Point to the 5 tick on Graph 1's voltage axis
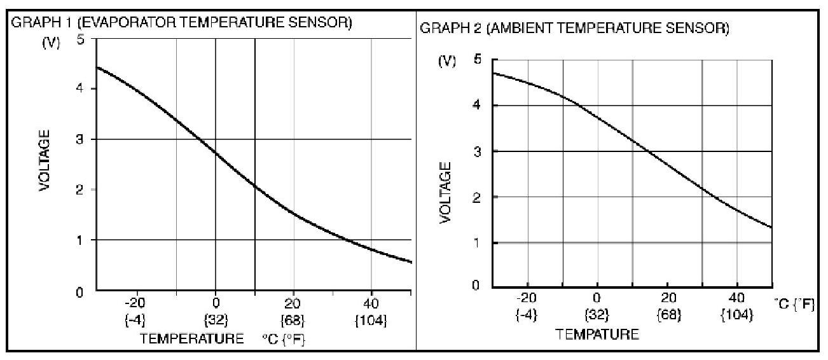pyautogui.click(x=80, y=38)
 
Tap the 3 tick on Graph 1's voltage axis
pyautogui.click(x=80, y=139)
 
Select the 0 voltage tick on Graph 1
pyautogui.click(x=80, y=293)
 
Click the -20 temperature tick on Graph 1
pyautogui.click(x=135, y=302)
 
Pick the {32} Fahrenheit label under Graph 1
pyautogui.click(x=215, y=320)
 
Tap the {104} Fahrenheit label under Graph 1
pyautogui.click(x=371, y=320)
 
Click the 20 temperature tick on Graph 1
pyautogui.click(x=293, y=302)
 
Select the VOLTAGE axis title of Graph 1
pyautogui.click(x=45, y=161)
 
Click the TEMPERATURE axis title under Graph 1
pyautogui.click(x=191, y=338)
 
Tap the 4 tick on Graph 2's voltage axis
pyautogui.click(x=477, y=106)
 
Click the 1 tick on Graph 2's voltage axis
pyautogui.click(x=477, y=243)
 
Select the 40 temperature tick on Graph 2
pyautogui.click(x=736, y=297)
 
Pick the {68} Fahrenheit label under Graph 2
pyautogui.click(x=666, y=314)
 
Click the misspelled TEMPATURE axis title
pyautogui.click(x=597, y=334)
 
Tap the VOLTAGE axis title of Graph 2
pyautogui.click(x=446, y=191)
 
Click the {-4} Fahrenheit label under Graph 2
pyautogui.click(x=527, y=314)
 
